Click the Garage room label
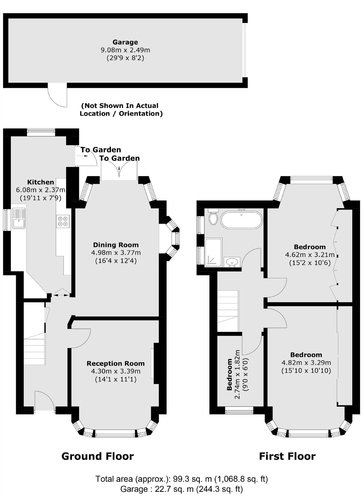coord(125,42)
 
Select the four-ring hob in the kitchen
coord(63,221)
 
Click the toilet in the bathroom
coord(214,217)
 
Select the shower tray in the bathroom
coord(214,252)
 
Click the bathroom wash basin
coord(232,262)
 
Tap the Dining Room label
coord(116,245)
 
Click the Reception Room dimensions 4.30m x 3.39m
coord(116,371)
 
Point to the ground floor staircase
coord(34,349)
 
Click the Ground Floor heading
coord(97,456)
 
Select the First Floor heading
coord(287,456)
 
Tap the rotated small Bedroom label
coord(229,374)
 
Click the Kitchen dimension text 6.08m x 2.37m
coord(40,190)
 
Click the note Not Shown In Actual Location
coord(121,110)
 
